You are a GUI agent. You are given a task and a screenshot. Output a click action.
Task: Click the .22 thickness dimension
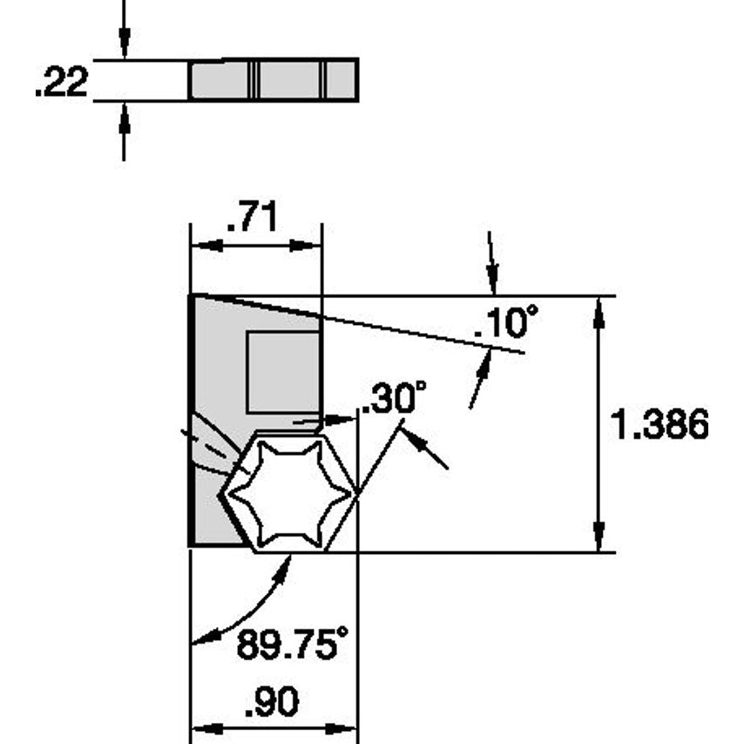pyautogui.click(x=62, y=83)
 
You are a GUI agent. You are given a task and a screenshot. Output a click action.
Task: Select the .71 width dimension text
pyautogui.click(x=252, y=219)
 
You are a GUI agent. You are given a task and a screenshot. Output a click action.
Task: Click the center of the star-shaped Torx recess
pyautogui.click(x=290, y=495)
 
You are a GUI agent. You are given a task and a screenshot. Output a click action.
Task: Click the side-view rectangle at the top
pyautogui.click(x=274, y=80)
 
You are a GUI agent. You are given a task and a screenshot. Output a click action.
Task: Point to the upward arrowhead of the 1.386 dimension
pyautogui.click(x=599, y=313)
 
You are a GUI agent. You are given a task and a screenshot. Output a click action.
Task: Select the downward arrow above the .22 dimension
pyautogui.click(x=124, y=39)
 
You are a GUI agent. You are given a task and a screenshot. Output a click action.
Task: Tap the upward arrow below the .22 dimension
pyautogui.click(x=124, y=122)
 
